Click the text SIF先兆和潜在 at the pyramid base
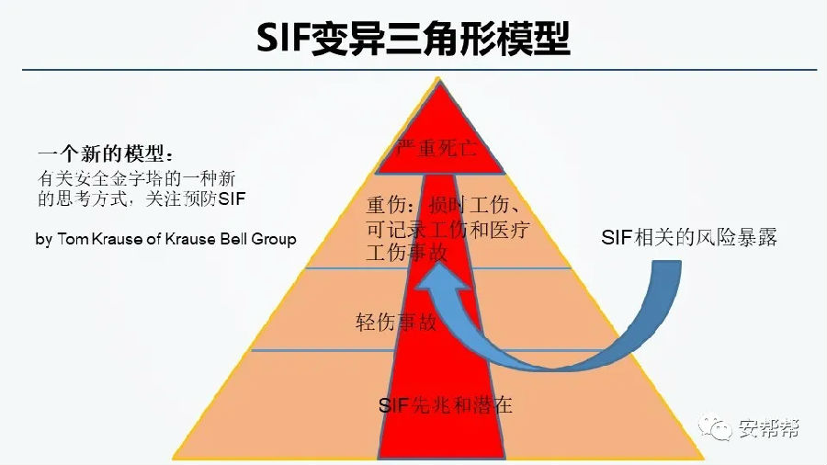pyautogui.click(x=445, y=405)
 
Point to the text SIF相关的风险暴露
pyautogui.click(x=689, y=237)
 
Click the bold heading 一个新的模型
pyautogui.click(x=104, y=153)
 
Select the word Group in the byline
pyautogui.click(x=273, y=239)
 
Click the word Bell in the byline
pyautogui.click(x=231, y=239)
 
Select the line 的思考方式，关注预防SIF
pyautogui.click(x=142, y=198)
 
